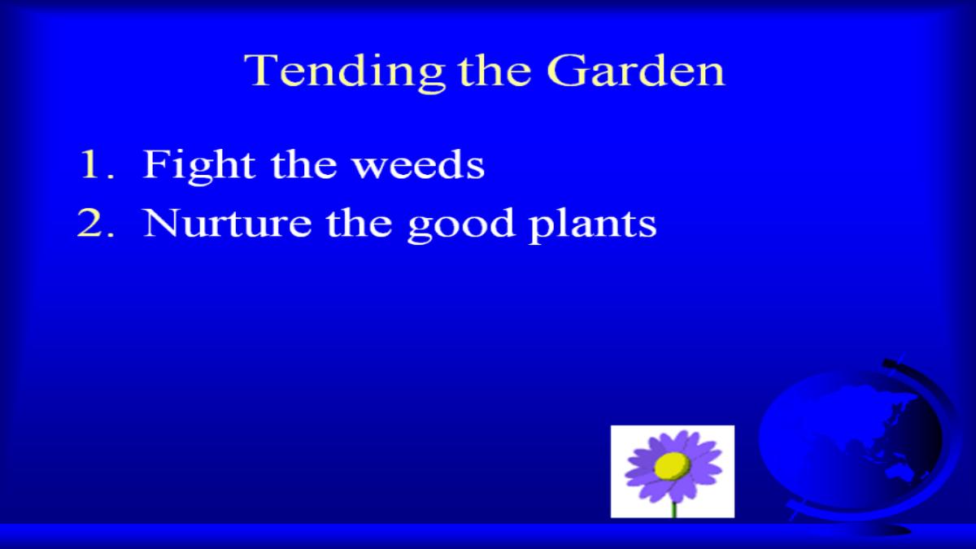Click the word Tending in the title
pyautogui.click(x=345, y=72)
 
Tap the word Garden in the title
pyautogui.click(x=636, y=71)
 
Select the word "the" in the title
pyautogui.click(x=495, y=71)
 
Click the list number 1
pyautogui.click(x=96, y=164)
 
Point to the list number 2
pyautogui.click(x=95, y=223)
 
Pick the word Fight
pyautogui.click(x=199, y=167)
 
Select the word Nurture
pyautogui.click(x=228, y=223)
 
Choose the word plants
pyautogui.click(x=592, y=225)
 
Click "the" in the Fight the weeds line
pyautogui.click(x=304, y=164)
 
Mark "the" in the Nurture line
pyautogui.click(x=359, y=223)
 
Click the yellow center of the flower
pyautogui.click(x=672, y=466)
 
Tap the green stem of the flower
pyautogui.click(x=673, y=510)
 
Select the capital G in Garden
pyautogui.click(x=565, y=71)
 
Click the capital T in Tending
pyautogui.click(x=261, y=71)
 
